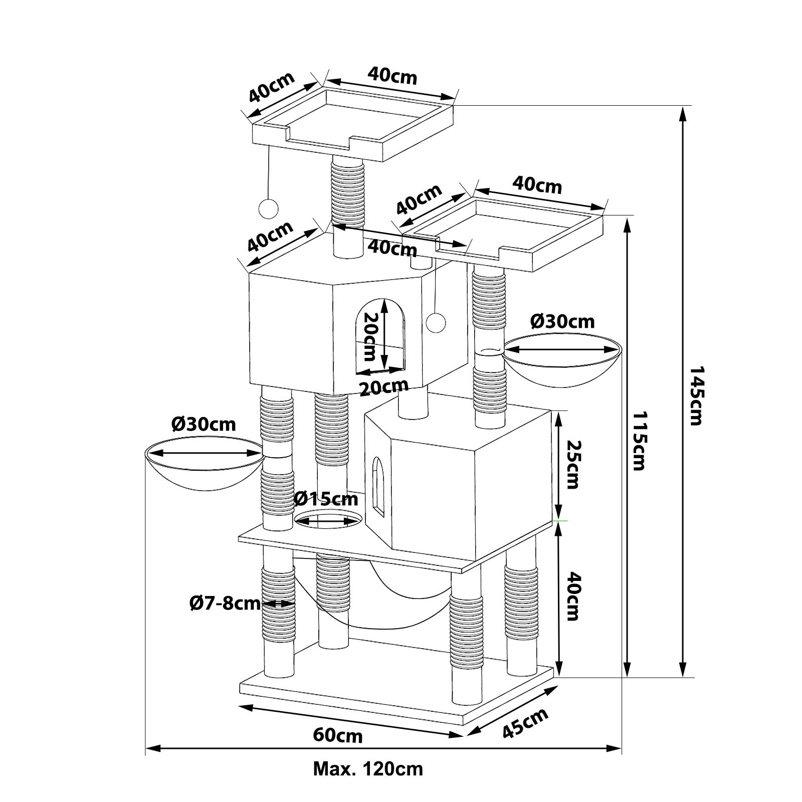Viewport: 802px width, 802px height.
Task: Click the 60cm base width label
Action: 338,736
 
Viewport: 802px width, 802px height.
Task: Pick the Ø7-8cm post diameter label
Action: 225,603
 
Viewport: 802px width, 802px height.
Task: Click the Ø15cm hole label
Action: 326,499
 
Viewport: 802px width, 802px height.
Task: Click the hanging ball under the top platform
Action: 268,209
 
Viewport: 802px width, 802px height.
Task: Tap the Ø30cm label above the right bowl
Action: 562,321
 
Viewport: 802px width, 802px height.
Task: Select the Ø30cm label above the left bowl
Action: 203,425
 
